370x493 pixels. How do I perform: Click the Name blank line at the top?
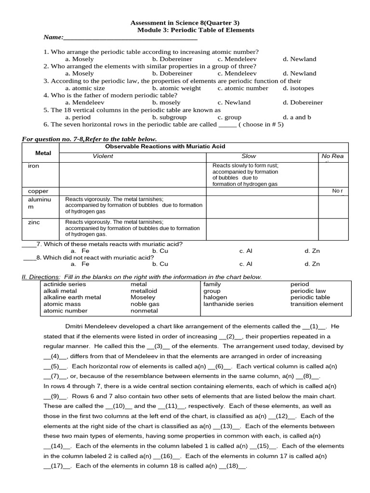(x=130, y=38)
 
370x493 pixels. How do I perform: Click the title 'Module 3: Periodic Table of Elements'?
(x=196, y=30)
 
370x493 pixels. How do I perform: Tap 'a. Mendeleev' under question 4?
(x=85, y=103)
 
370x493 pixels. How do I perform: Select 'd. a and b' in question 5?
(x=297, y=117)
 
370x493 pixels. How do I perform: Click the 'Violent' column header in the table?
(x=103, y=156)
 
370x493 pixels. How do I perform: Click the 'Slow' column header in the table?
(x=249, y=156)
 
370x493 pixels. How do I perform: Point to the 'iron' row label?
(x=34, y=166)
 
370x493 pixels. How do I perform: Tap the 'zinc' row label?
(x=34, y=222)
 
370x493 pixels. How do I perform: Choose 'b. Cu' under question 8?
(x=160, y=264)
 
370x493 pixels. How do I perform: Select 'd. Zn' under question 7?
(x=312, y=251)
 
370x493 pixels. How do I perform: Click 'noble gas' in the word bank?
(x=145, y=304)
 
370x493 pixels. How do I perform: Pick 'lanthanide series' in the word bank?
(x=228, y=304)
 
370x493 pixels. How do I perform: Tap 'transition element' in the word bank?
(x=317, y=304)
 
